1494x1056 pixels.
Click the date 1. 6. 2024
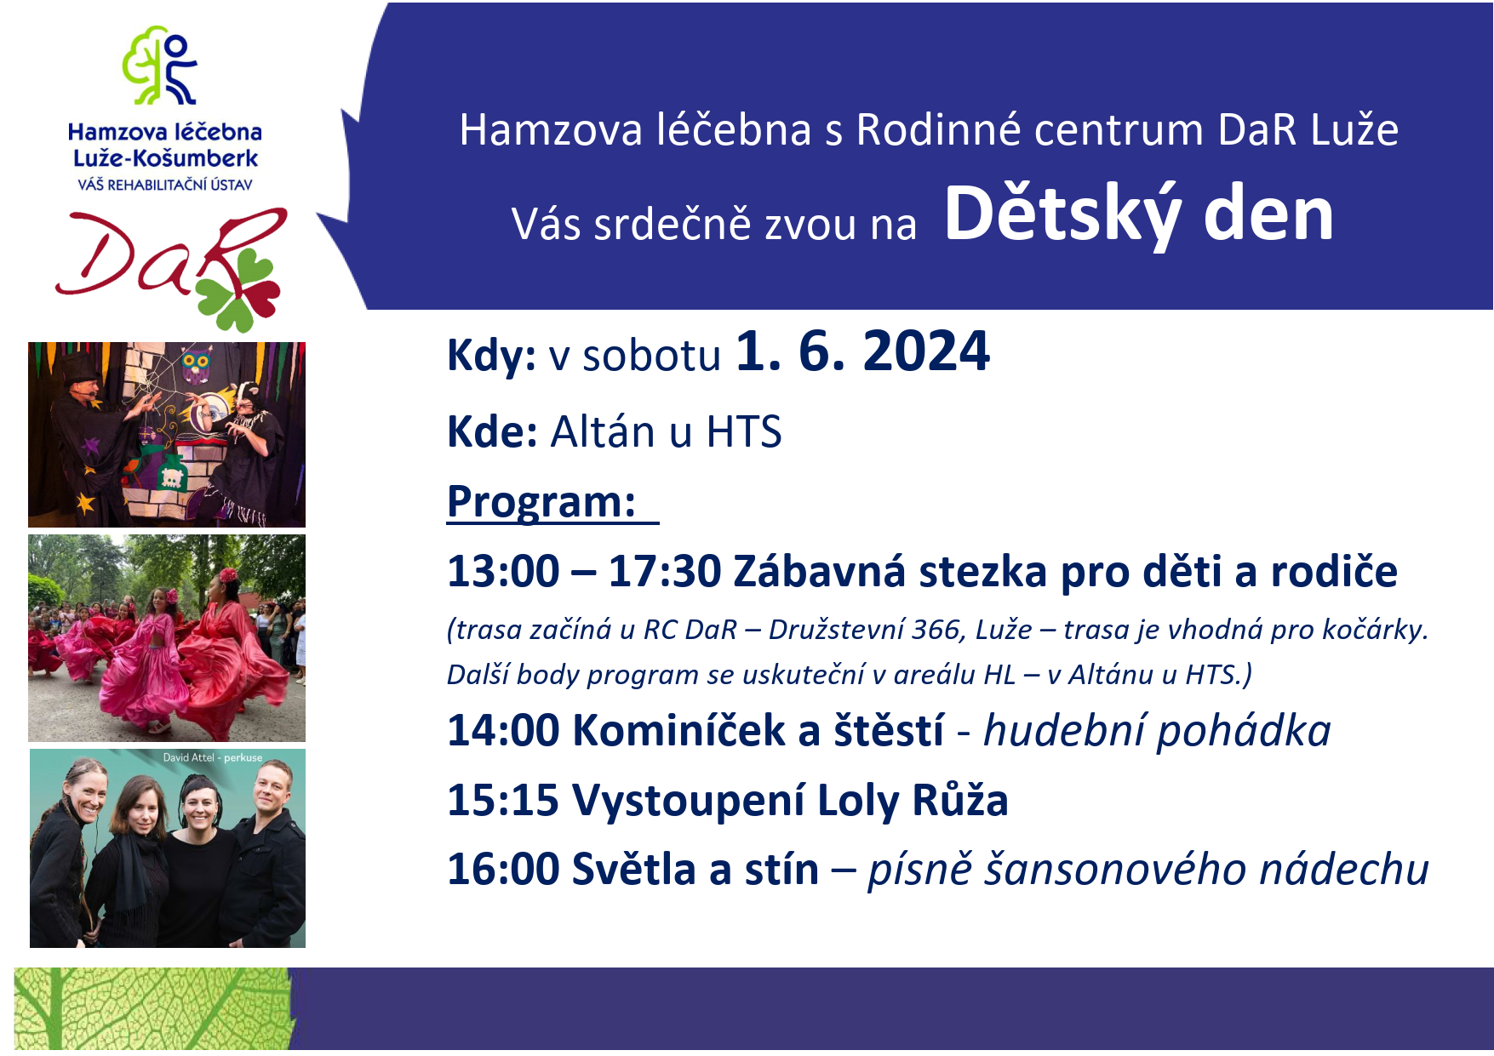pos(862,351)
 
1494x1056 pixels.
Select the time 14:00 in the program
pos(502,731)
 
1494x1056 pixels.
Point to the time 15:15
pos(502,801)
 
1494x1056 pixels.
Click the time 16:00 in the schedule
pos(502,870)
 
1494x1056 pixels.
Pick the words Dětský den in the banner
pos(1139,215)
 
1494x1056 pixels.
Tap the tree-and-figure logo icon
pos(160,65)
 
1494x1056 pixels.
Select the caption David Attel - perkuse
pos(213,757)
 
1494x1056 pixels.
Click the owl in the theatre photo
pos(196,365)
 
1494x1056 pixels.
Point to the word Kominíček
pos(679,731)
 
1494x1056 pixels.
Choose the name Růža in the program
pos(960,800)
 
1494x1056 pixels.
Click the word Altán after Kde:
pos(604,431)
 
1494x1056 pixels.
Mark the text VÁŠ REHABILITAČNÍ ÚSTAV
pos(165,185)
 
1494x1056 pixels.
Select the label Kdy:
pos(491,355)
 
